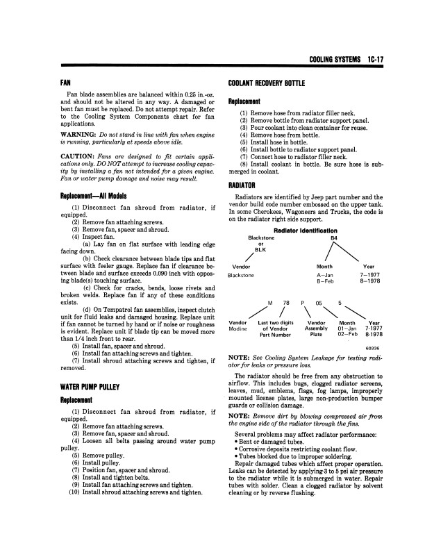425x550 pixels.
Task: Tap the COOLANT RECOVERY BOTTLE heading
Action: point(267,83)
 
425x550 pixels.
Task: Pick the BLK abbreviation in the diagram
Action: point(261,251)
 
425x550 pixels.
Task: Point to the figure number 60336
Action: point(372,349)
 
